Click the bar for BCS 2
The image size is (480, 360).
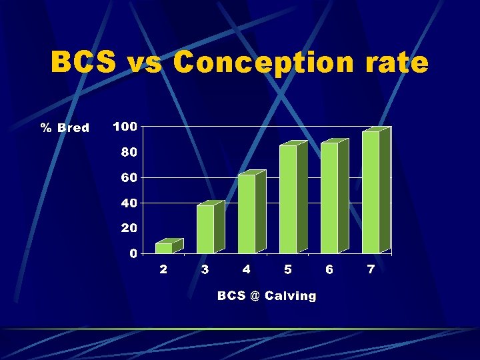164,248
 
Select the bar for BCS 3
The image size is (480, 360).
205,229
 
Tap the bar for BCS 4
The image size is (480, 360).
247,213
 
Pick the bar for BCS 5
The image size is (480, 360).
288,199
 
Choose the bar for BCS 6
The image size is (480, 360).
329,198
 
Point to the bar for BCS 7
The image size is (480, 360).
371,192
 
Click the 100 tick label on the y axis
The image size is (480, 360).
125,127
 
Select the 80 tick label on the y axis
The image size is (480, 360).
129,152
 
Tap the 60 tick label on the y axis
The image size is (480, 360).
129,177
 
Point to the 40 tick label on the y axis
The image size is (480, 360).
129,203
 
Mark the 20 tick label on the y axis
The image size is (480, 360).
129,228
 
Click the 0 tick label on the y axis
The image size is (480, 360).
133,253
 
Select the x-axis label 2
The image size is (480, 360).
163,269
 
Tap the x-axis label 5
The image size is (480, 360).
288,269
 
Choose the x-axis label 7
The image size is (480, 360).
371,269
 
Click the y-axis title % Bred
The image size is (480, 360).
65,127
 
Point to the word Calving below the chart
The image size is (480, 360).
291,295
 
